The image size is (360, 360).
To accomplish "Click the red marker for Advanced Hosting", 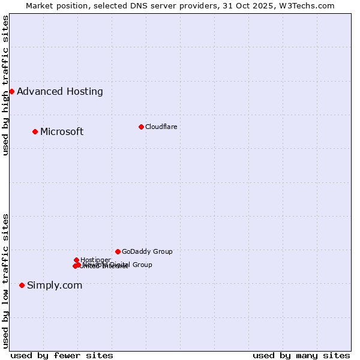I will pos(11,91).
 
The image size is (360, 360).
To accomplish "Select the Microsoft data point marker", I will pos(35,131).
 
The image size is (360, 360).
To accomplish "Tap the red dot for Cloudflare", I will pos(141,127).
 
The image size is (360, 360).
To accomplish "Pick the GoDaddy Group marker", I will pos(118,251).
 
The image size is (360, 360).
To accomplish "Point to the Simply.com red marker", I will pos(22,285).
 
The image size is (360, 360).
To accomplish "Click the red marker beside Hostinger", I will pos(76,260).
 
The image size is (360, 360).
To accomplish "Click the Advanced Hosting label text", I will pos(60,91).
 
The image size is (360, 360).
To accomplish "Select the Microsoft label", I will pos(62,131).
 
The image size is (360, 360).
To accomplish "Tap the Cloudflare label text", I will pos(161,127).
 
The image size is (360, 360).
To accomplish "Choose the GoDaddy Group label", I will pos(147,251).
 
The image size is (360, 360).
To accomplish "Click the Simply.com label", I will pos(55,285).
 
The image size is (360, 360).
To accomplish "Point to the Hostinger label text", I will pos(95,260).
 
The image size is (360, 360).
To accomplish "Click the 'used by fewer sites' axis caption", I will pos(62,355).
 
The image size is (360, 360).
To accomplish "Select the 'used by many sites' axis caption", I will pos(301,355).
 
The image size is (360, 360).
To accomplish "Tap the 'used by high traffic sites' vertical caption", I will pos(6,85).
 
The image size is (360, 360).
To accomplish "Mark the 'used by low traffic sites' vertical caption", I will pos(6,281).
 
